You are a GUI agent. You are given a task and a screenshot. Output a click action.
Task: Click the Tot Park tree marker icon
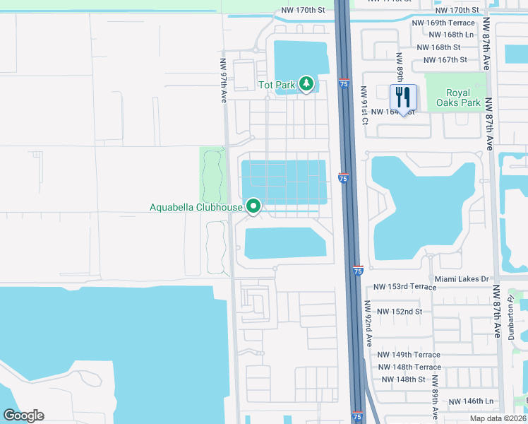coord(306,85)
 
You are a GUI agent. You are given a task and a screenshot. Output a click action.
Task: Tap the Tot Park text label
coord(276,85)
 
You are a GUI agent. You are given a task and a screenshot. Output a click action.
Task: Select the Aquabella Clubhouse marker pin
coord(253,207)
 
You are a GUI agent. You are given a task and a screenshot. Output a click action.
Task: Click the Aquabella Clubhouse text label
coord(196,207)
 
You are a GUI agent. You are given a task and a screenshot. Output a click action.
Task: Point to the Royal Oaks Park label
coord(463,98)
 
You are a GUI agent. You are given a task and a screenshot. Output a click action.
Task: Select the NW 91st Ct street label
coord(365,106)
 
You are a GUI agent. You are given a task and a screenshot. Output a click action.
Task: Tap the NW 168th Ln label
coord(451,34)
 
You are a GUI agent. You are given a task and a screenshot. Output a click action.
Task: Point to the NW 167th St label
coord(445,60)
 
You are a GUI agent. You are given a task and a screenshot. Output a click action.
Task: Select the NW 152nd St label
coord(400,312)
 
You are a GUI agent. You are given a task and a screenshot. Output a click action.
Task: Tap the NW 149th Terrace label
coord(409,355)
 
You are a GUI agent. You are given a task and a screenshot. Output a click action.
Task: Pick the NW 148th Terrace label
coord(409,367)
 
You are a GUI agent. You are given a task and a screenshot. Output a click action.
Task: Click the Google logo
coord(23,416)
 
